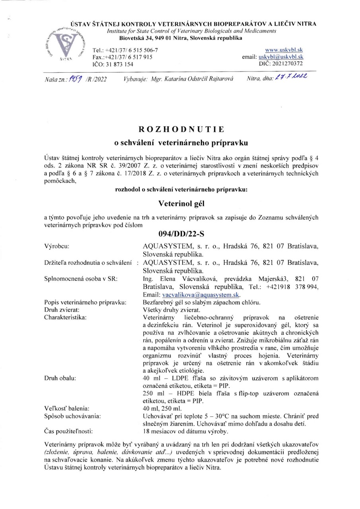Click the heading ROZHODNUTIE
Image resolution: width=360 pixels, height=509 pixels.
point(181,129)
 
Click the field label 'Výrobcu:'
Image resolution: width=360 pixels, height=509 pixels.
point(58,247)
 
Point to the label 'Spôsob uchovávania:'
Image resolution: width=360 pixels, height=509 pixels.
point(72,416)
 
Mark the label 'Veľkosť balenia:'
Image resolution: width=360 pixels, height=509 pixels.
point(66,408)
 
